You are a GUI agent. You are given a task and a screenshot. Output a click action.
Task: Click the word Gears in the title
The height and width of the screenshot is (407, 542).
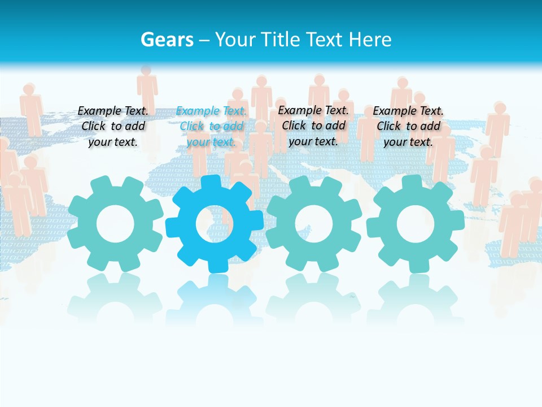point(167,40)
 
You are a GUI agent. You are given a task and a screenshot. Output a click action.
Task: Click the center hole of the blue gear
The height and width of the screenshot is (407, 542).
point(215,224)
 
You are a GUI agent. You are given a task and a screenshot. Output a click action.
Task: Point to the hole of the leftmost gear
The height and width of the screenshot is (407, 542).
point(115,224)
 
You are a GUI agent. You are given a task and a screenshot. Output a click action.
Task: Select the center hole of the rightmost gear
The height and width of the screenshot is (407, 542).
point(416,224)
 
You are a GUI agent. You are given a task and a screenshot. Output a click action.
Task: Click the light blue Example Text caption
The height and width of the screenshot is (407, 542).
point(211,127)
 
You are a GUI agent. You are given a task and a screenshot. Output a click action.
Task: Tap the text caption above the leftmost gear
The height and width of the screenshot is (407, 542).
point(113,127)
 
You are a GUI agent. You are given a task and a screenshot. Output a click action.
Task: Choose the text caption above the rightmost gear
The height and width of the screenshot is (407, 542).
point(408,127)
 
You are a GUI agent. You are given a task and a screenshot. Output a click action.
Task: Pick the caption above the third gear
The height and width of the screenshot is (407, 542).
point(313,125)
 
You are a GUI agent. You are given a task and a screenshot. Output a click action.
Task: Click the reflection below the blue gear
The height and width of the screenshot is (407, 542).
point(215,300)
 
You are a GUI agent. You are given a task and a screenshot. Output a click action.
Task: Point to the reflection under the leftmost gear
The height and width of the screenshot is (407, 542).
point(115,300)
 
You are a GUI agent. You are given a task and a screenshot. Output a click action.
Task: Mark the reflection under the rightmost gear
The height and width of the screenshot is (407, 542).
point(416,300)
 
